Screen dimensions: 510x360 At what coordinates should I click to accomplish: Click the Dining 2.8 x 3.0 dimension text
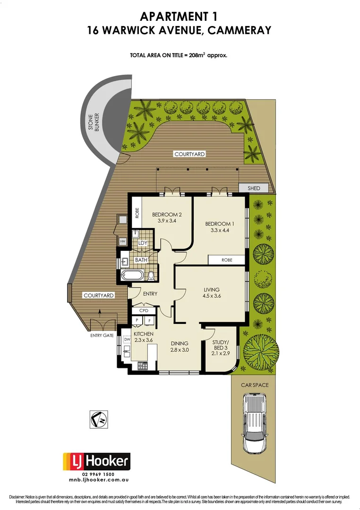pos(179,350)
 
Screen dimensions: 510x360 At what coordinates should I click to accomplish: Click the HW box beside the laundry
pos(123,242)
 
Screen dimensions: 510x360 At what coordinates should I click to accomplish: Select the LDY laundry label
pos(143,243)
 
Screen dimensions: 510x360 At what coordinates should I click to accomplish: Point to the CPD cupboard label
pos(144,311)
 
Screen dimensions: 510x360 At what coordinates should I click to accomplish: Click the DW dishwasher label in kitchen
pos(127,339)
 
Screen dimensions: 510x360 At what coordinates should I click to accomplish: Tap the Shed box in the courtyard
pos(254,188)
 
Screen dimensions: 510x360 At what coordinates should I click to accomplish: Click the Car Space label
pos(255,385)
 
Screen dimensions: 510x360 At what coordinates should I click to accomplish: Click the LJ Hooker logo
pos(96,461)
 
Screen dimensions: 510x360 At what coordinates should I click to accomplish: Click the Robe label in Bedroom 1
pos(227,260)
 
